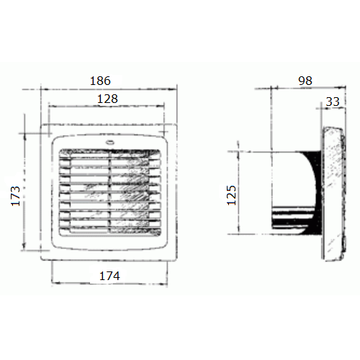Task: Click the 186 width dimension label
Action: pos(100,81)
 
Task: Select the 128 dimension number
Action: pos(107,99)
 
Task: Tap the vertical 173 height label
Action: pos(16,196)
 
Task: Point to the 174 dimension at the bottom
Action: pos(109,276)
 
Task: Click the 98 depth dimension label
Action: pos(305,81)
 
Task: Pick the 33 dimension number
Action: pos(333,102)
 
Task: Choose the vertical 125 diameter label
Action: pos(232,195)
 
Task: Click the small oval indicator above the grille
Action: pos(110,143)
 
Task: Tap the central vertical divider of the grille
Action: pos(110,192)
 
